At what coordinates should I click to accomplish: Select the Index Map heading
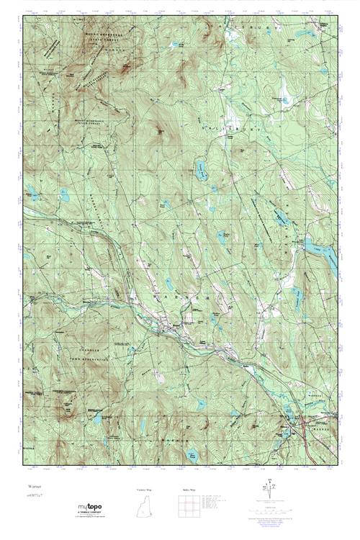click(189, 490)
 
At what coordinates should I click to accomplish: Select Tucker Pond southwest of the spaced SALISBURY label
click(202, 169)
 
